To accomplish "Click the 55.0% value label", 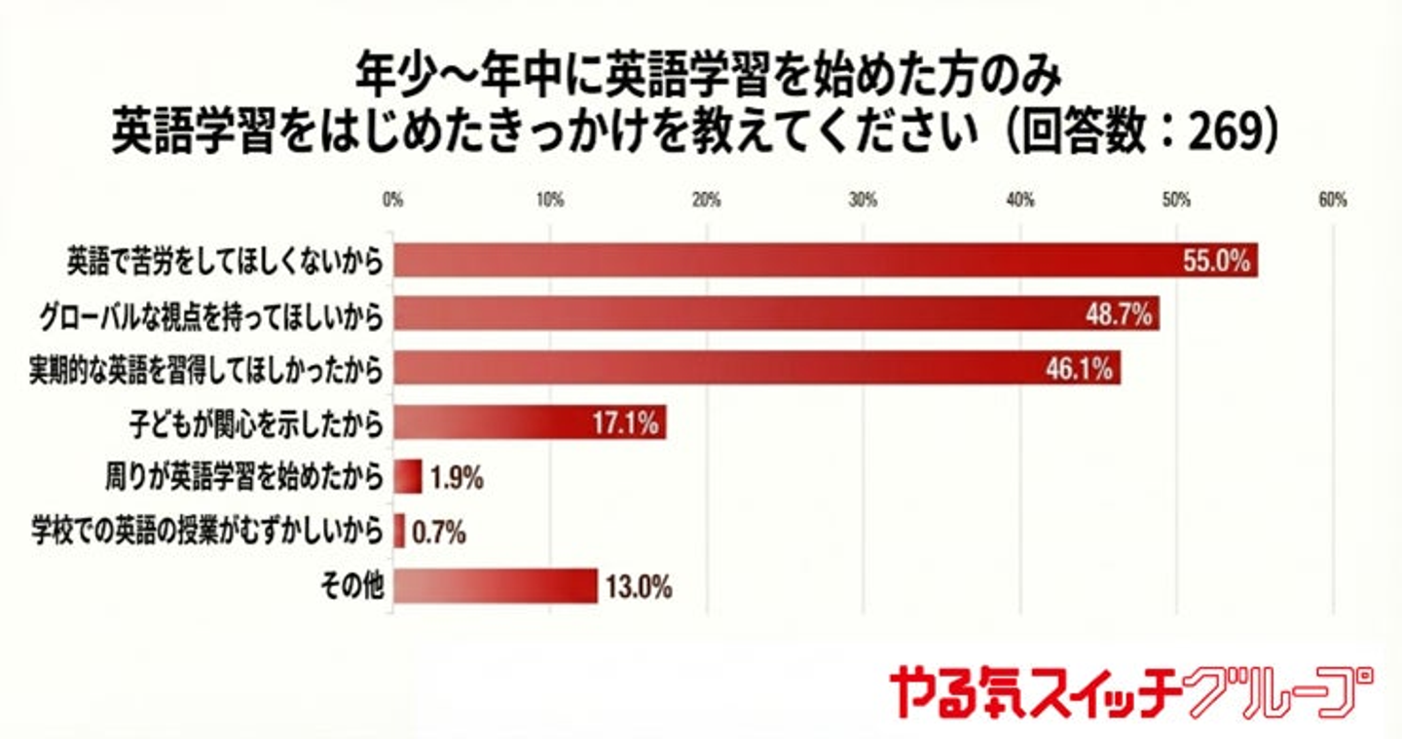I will (1216, 262).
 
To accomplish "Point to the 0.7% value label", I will (439, 532).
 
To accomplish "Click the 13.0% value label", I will (639, 586).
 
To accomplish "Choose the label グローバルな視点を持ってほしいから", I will (209, 315).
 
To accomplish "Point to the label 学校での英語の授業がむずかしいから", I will (206, 533).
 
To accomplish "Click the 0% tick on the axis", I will (393, 202).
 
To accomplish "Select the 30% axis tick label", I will (863, 202).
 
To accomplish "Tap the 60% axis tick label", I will (1332, 202).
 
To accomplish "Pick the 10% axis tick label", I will (550, 202).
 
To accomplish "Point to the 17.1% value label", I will (627, 424).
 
